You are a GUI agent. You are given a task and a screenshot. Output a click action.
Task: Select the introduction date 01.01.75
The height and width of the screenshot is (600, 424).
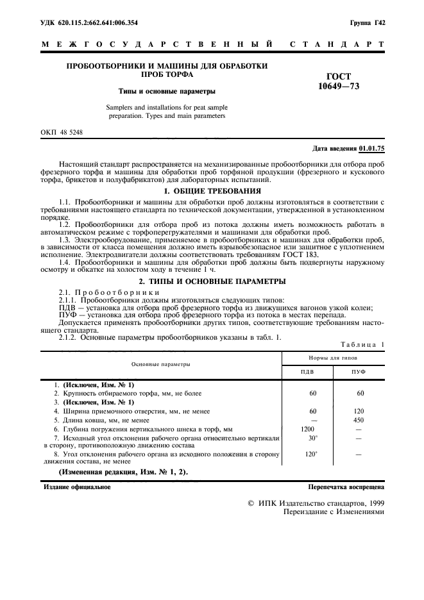(x=372, y=149)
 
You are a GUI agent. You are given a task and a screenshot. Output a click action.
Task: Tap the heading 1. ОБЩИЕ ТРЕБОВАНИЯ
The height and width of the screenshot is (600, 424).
(x=212, y=191)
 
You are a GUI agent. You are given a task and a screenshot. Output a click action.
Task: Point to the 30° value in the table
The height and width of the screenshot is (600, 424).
(x=313, y=438)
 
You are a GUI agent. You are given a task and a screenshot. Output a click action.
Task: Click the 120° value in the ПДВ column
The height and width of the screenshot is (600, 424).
(x=313, y=454)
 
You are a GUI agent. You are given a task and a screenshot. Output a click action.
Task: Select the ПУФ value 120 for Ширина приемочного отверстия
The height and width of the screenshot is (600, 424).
(x=359, y=410)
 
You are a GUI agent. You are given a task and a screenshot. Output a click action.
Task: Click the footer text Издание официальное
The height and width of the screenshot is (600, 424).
(x=76, y=487)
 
